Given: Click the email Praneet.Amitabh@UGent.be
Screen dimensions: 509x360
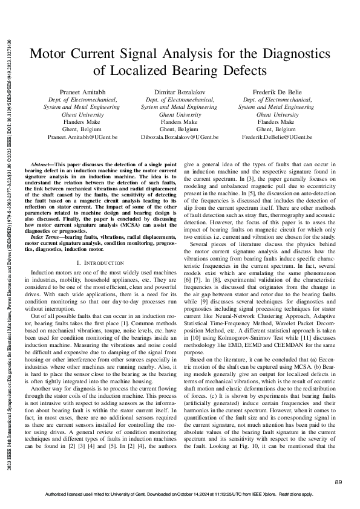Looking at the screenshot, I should point(82,137).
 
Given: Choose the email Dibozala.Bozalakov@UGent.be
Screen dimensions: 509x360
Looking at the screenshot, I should point(179,137).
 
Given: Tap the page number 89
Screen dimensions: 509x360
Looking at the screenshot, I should point(338,481).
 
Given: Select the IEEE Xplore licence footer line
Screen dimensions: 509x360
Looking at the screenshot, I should point(179,494).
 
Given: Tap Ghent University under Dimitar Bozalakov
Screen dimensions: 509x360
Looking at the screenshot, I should point(179,114).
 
